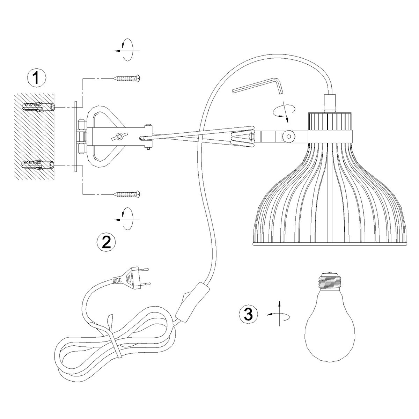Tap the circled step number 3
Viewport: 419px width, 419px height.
pos(248,314)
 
